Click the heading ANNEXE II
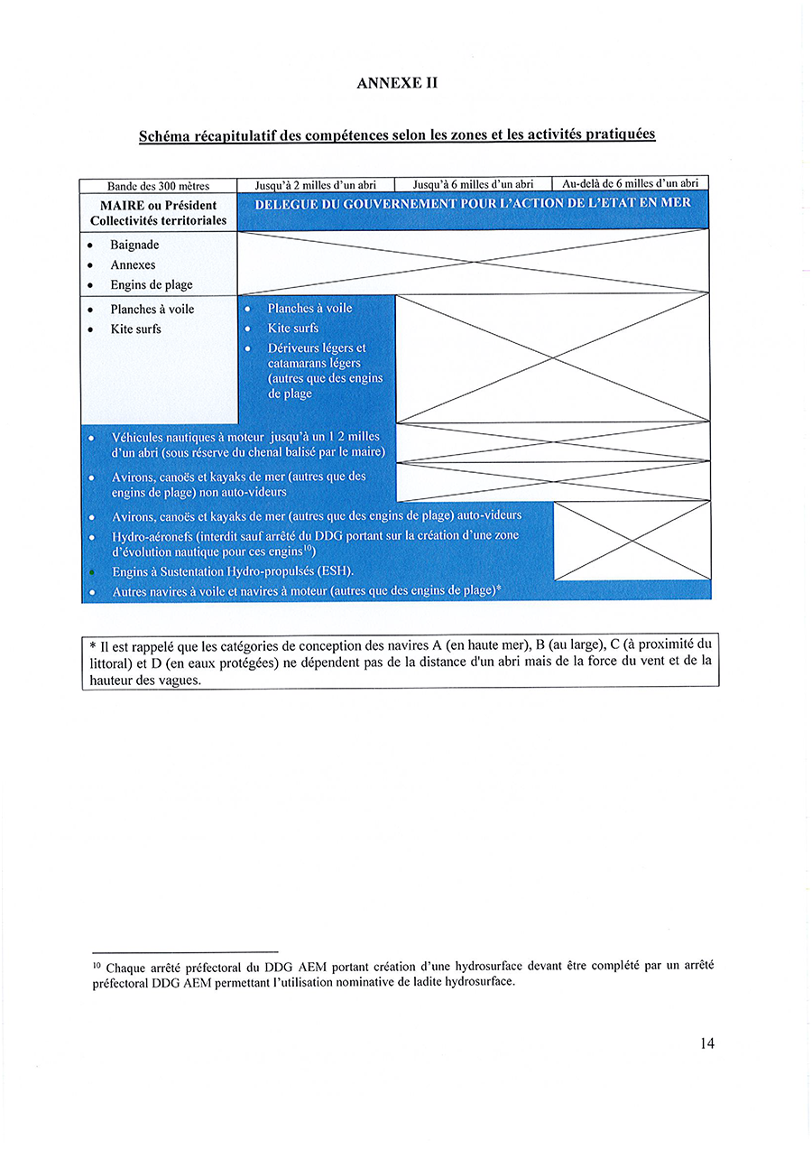(x=397, y=82)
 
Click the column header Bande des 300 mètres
(x=158, y=186)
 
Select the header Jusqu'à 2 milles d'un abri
(x=315, y=185)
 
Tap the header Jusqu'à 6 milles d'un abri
(x=473, y=185)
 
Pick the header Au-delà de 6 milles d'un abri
(x=630, y=184)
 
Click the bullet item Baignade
(x=134, y=245)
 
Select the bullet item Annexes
(x=133, y=264)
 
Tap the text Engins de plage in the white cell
(x=152, y=284)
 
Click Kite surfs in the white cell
(x=135, y=329)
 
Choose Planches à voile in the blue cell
(x=309, y=308)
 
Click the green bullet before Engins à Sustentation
(x=92, y=572)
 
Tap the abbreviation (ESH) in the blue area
(x=335, y=571)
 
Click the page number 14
(x=706, y=1043)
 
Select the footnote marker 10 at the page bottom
(x=96, y=962)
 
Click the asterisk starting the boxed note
(x=93, y=645)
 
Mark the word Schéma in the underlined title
(x=165, y=136)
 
